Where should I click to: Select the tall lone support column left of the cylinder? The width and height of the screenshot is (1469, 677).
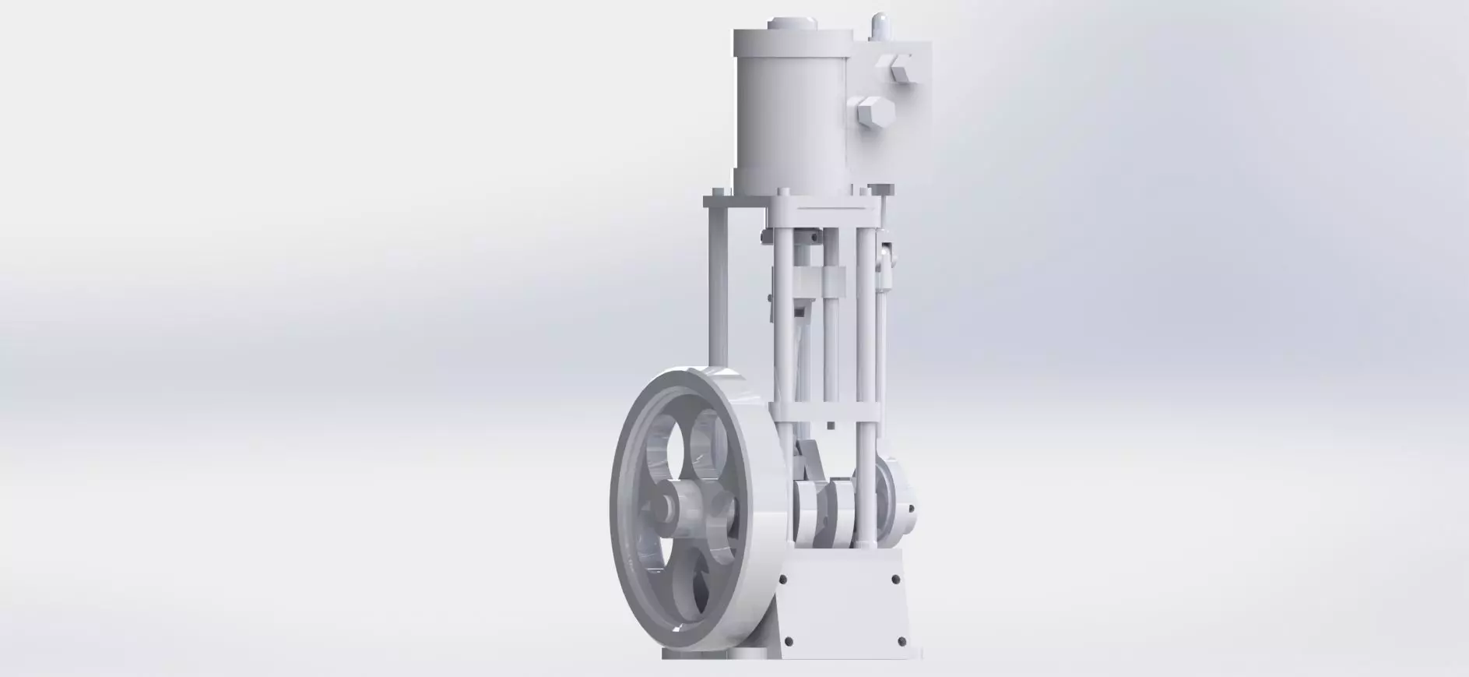click(717, 288)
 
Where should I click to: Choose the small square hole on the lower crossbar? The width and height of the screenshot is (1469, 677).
click(831, 425)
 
